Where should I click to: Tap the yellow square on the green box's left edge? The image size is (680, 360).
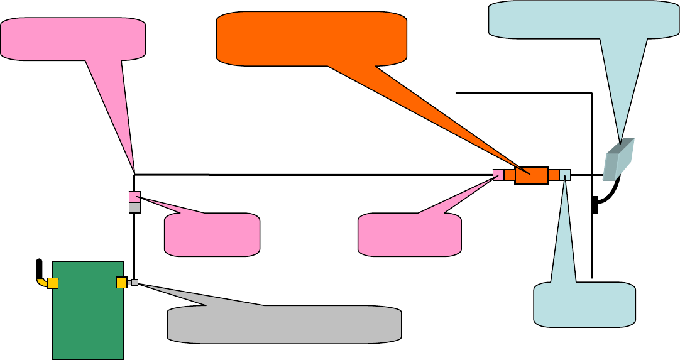[53, 283]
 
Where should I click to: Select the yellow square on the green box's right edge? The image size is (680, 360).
[122, 283]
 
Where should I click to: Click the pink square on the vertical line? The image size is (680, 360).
[134, 197]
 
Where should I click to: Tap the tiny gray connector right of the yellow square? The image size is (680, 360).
[134, 283]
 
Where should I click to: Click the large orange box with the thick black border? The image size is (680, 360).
[531, 175]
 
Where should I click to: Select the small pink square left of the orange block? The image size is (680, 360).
[498, 175]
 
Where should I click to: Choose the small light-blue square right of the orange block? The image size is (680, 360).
[565, 175]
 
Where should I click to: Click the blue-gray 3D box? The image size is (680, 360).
[618, 158]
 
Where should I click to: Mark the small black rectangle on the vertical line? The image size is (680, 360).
[595, 204]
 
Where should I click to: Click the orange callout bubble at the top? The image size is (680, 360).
[310, 37]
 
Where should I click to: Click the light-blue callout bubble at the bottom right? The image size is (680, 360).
[584, 305]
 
